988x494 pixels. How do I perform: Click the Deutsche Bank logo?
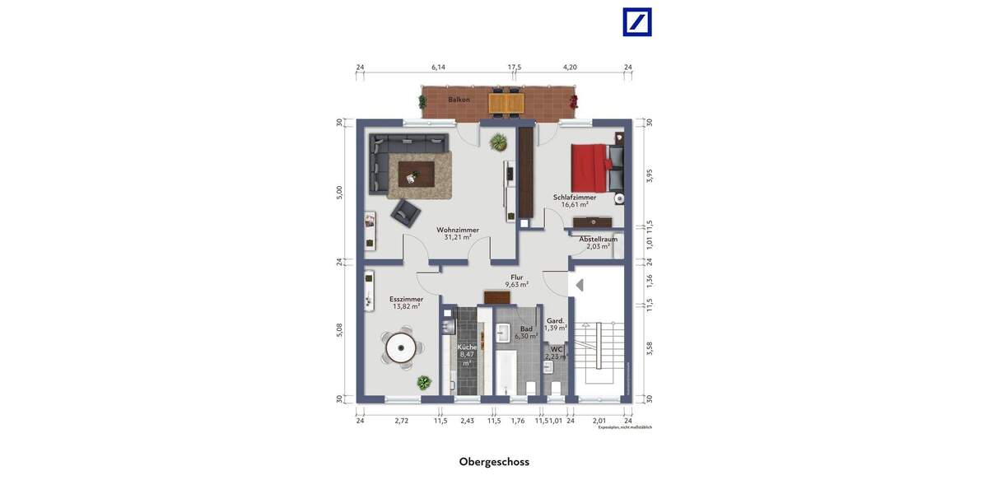click(x=636, y=22)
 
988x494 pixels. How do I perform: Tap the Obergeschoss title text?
click(x=494, y=462)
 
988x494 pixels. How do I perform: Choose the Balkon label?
click(x=459, y=100)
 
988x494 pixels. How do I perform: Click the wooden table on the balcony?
click(x=506, y=102)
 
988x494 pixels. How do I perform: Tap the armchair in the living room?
click(x=405, y=212)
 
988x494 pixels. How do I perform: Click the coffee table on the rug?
click(x=416, y=173)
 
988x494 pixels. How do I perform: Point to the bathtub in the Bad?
click(x=505, y=371)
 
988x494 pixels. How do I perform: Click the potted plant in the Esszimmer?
click(x=423, y=382)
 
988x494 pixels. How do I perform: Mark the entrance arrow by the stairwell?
click(x=580, y=285)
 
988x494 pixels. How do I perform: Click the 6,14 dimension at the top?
click(x=438, y=68)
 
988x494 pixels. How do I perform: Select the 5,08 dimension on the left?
click(x=339, y=329)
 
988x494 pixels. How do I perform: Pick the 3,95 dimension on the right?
click(x=649, y=175)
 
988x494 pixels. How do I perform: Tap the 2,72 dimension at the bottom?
click(x=401, y=421)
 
